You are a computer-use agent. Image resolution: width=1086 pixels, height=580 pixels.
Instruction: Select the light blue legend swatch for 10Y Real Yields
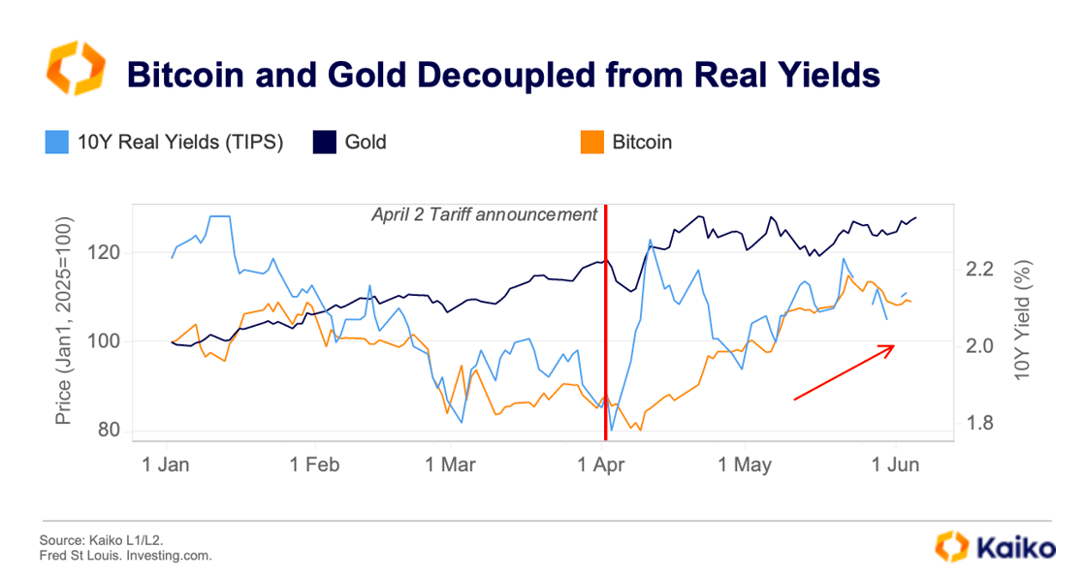point(57,142)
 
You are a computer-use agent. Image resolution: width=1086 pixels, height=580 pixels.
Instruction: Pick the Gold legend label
point(365,142)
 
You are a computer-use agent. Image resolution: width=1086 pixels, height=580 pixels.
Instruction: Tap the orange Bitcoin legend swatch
point(591,142)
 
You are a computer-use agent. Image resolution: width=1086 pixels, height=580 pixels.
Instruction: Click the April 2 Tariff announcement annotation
point(484,214)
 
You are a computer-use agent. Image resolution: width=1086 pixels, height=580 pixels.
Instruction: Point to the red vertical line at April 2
point(606,320)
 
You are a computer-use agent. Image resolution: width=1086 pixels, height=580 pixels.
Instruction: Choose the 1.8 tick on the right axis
point(978,423)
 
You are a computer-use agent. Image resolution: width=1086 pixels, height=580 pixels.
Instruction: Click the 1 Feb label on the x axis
point(316,466)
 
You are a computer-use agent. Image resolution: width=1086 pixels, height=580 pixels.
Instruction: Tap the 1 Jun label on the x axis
point(895,466)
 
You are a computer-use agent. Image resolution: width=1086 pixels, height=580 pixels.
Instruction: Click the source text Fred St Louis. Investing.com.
point(124,556)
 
